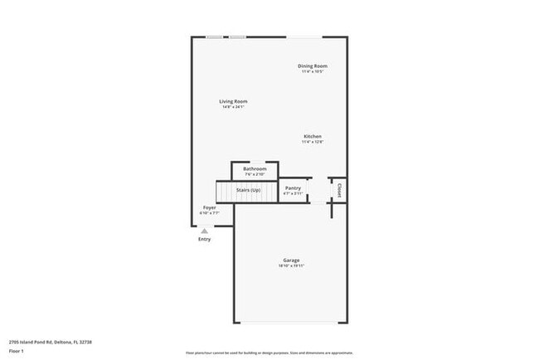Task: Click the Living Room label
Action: pyautogui.click(x=234, y=101)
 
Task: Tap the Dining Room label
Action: pyautogui.click(x=313, y=66)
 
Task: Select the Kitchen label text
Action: pyautogui.click(x=313, y=136)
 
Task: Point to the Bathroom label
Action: pyautogui.click(x=255, y=168)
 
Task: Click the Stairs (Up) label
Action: pyautogui.click(x=249, y=190)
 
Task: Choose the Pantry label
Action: pyautogui.click(x=293, y=188)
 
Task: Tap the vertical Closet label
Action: pyautogui.click(x=338, y=190)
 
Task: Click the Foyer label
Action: pyautogui.click(x=210, y=207)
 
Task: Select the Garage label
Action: pyautogui.click(x=290, y=260)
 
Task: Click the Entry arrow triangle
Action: pyautogui.click(x=204, y=231)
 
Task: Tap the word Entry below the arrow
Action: pyautogui.click(x=204, y=239)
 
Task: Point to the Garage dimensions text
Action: pyautogui.click(x=290, y=266)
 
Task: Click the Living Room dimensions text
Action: pyautogui.click(x=234, y=107)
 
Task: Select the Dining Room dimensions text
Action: pyautogui.click(x=313, y=71)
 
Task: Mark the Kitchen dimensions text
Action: pyautogui.click(x=313, y=142)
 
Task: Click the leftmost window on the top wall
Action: pyautogui.click(x=215, y=36)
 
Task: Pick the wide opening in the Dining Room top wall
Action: pyautogui.click(x=305, y=36)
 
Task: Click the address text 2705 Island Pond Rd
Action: pyautogui.click(x=50, y=342)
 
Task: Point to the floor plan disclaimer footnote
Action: pyautogui.click(x=269, y=352)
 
